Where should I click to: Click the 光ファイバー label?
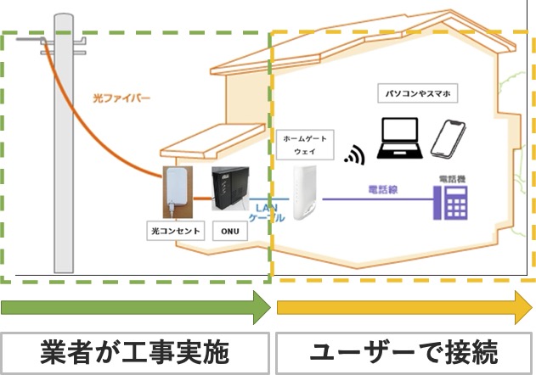pos(121,98)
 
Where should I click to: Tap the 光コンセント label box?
pos(175,231)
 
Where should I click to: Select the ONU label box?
pos(229,231)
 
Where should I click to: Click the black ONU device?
pos(229,192)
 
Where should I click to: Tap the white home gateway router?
pos(304,193)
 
